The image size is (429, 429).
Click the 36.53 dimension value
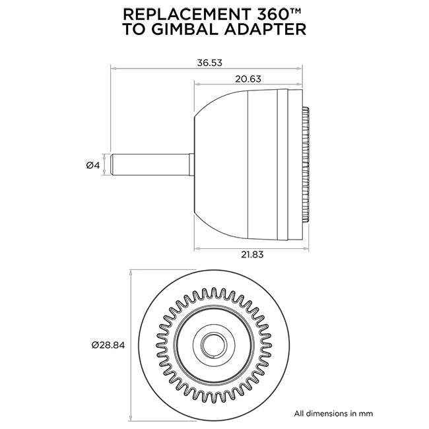209,63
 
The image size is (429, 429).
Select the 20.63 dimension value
248,79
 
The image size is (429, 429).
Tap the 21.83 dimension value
248,255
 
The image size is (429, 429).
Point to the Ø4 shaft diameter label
92,165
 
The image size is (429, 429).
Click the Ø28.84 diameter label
108,345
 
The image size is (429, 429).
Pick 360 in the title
267,15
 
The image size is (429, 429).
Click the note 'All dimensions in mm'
333,413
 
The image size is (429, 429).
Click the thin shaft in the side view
152,164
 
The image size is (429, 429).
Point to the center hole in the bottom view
214,344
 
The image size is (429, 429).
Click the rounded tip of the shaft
114,164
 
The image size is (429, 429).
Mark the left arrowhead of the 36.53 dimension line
113,67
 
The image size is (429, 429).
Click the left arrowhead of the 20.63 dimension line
196,83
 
